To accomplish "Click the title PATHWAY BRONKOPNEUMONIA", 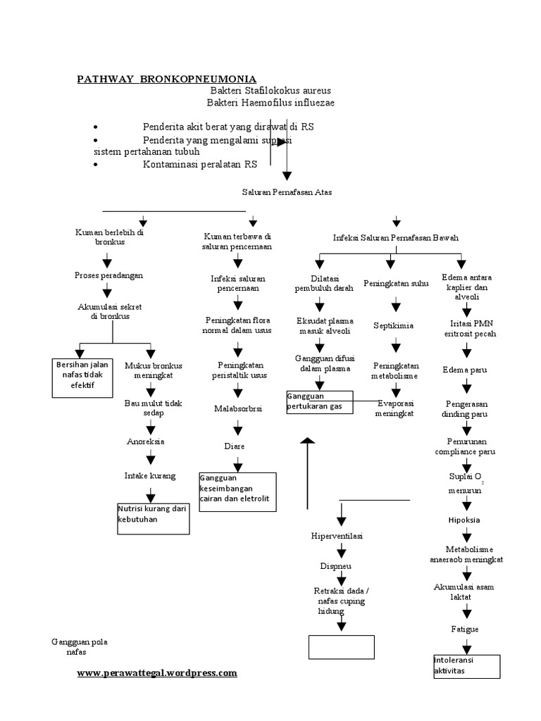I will [x=166, y=78].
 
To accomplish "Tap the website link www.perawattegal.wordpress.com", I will [x=157, y=673].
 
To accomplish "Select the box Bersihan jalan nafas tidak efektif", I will [x=82, y=374].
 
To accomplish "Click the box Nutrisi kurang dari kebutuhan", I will [x=153, y=518].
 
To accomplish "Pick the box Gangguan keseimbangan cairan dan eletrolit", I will [x=237, y=491].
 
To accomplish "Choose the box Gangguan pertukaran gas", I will [x=319, y=401].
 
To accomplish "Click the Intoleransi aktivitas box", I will [x=466, y=666].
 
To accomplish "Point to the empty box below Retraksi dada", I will [x=341, y=646].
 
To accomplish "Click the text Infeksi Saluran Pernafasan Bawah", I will [x=396, y=238].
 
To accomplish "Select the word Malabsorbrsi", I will [x=238, y=408].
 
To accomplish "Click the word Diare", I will [x=234, y=446].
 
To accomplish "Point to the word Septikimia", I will [x=394, y=325].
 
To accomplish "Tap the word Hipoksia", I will [x=464, y=520].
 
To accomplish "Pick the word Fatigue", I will [x=464, y=627].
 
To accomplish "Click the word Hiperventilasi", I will [x=337, y=536].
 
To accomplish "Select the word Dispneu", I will [x=337, y=565].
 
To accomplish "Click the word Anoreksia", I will [x=145, y=441].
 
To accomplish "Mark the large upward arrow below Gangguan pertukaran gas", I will [x=306, y=472].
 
